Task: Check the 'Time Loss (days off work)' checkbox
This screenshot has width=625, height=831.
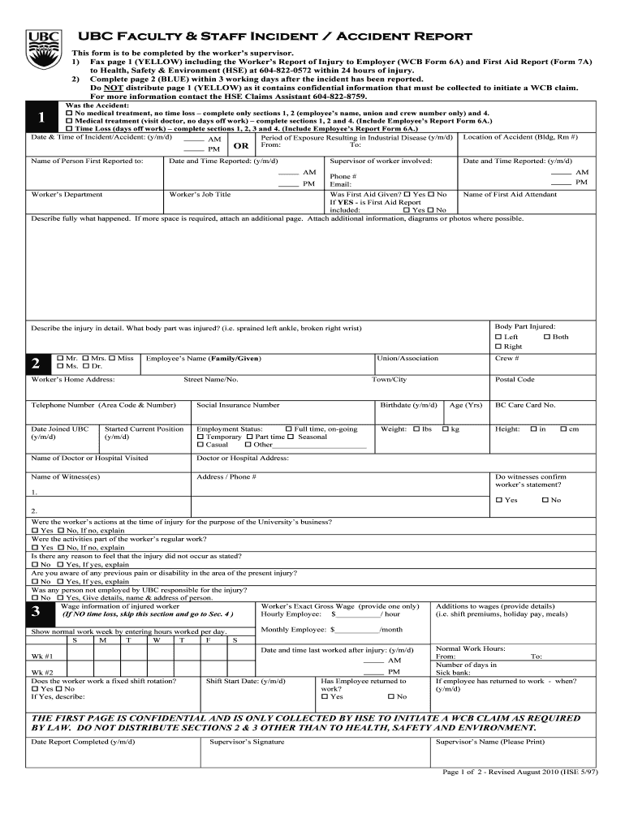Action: [x=69, y=128]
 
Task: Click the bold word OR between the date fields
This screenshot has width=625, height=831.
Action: [x=241, y=146]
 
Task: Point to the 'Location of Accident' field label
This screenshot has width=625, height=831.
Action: [x=520, y=137]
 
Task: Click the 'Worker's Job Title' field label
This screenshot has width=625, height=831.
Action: [x=200, y=194]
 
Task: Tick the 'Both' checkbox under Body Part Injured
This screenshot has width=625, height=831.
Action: [x=547, y=337]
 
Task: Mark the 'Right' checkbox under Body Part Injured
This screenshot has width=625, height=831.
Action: [x=498, y=347]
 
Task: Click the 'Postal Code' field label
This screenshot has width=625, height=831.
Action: [x=515, y=379]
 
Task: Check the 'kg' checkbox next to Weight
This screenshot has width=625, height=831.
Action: [x=446, y=428]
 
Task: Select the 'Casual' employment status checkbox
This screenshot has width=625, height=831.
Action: [x=200, y=445]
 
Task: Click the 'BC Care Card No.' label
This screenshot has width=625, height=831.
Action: [x=525, y=404]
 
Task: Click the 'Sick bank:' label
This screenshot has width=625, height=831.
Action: [x=453, y=672]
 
